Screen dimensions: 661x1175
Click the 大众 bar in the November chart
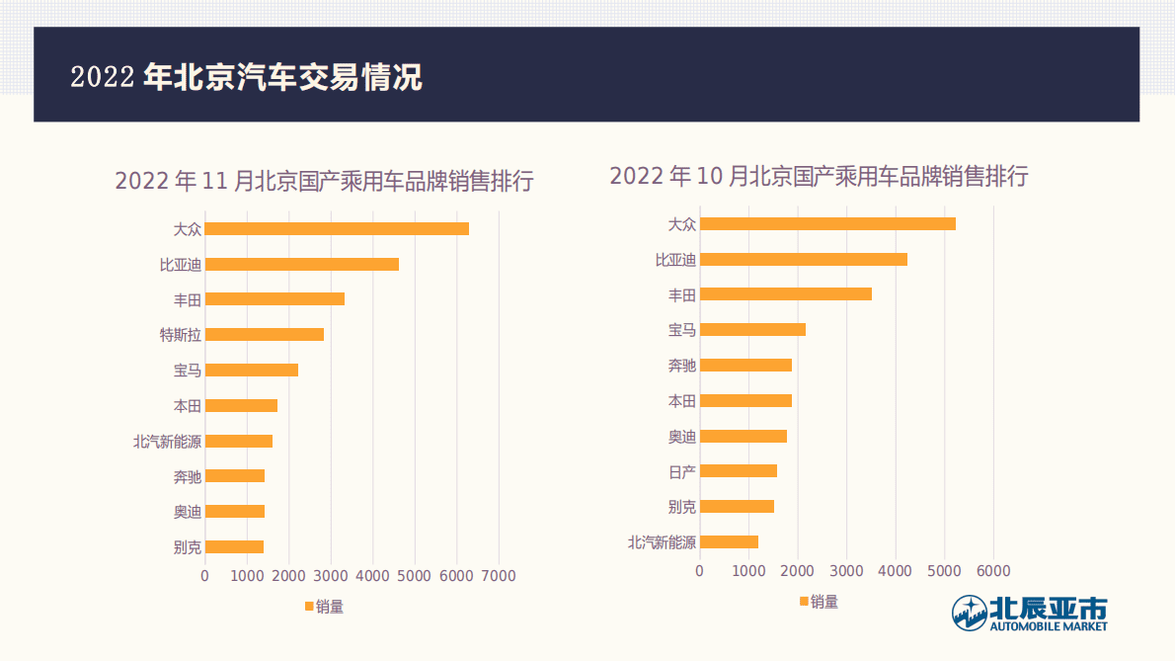pos(337,228)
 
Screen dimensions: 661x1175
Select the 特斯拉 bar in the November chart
pos(265,334)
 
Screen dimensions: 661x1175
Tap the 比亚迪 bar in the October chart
pos(803,259)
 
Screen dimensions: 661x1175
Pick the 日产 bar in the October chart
pos(738,470)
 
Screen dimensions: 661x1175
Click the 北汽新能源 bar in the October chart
pos(729,541)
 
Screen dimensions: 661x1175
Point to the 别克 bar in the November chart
pos(234,546)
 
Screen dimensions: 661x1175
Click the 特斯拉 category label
pos(181,335)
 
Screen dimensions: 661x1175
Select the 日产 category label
pos(682,471)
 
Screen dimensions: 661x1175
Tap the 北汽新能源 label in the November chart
pos(167,442)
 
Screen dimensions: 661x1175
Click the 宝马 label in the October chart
pos(682,330)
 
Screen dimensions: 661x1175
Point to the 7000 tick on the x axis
pos(499,575)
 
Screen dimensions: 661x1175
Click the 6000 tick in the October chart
pos(993,570)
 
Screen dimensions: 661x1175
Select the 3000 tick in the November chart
pos(331,575)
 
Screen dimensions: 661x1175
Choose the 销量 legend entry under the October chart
pos(819,602)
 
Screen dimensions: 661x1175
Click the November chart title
pos(324,182)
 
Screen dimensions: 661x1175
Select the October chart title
pos(819,177)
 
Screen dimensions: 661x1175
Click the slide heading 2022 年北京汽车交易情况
pos(247,77)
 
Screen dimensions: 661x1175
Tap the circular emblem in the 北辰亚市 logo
pos(969,613)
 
